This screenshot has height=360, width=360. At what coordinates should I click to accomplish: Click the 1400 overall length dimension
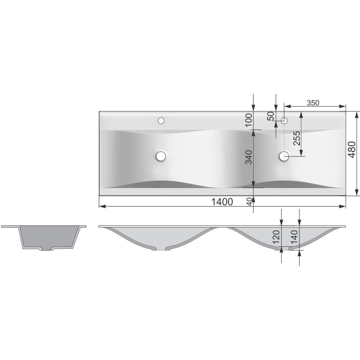pos(222,202)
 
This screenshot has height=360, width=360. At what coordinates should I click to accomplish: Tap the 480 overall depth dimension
pos(351,150)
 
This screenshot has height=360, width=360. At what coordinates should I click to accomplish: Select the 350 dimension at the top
pos(313,103)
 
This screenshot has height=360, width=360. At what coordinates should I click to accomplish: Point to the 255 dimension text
pos(297,138)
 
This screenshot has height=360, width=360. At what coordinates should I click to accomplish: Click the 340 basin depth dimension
pos(249,157)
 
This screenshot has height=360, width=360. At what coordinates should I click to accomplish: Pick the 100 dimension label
pos(249,120)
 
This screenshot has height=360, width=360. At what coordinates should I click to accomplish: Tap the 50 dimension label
pos(271,116)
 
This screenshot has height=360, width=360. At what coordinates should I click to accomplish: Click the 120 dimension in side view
pos(276,237)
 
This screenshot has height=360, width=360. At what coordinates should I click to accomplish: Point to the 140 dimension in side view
pos(294,237)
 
